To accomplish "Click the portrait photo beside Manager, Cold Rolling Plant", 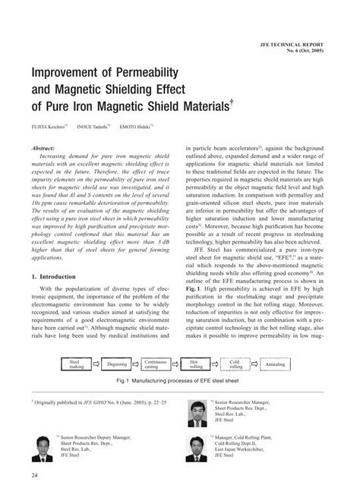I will pyautogui.click(x=199, y=451).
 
